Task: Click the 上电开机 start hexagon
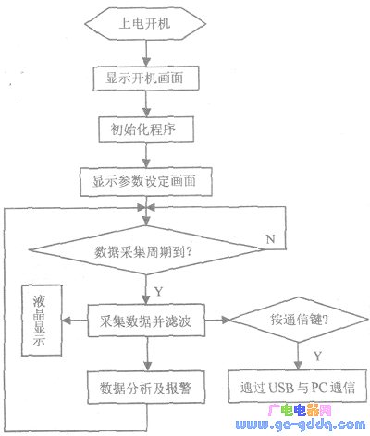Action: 146,26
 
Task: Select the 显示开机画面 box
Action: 146,79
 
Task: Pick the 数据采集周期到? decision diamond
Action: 145,249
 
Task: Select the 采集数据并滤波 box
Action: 146,324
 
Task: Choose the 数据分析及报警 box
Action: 146,387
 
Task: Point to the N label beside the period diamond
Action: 269,238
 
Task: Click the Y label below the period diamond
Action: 158,291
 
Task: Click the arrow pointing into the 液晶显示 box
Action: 75,324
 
